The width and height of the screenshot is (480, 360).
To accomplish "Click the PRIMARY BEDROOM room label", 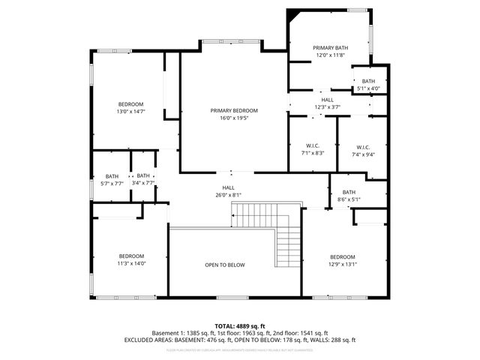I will [x=234, y=110].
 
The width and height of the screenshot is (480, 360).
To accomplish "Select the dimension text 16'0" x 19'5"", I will [x=234, y=118].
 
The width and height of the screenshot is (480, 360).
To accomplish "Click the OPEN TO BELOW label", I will [x=225, y=265].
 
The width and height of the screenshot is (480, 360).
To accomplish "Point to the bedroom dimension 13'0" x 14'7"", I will [x=130, y=111].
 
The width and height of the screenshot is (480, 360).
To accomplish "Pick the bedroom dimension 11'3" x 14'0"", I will [x=130, y=263].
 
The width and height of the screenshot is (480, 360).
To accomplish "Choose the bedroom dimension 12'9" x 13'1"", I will [x=342, y=263].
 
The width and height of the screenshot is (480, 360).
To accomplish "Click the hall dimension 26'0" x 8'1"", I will [x=228, y=195].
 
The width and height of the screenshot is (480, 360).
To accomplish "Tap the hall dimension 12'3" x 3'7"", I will [x=327, y=106].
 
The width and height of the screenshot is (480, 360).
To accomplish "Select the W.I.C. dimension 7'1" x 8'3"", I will [x=313, y=153].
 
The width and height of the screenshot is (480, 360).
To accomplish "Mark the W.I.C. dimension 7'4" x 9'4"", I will [x=363, y=154].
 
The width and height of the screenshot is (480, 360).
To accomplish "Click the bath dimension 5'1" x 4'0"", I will [x=368, y=88].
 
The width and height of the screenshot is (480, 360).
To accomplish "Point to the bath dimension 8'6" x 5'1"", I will [x=349, y=199].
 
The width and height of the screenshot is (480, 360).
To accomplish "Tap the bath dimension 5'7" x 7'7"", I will [x=112, y=183].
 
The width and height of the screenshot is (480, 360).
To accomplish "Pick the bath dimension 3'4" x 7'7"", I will [x=142, y=183].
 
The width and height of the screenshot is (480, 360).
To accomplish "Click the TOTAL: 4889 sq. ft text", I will [x=240, y=325].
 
